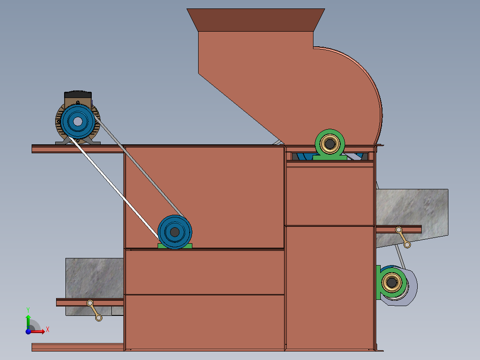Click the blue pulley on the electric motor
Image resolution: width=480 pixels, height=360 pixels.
[78, 121]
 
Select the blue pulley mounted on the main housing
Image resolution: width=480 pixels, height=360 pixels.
[175, 232]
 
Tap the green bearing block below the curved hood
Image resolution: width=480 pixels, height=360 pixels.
[330, 145]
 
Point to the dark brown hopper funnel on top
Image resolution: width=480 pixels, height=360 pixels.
[256, 20]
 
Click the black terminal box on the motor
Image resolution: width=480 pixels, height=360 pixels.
[78, 94]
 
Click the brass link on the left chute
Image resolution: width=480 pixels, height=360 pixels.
[94, 311]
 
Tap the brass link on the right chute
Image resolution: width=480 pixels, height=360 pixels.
[403, 237]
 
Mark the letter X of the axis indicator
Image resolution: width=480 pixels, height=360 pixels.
[48, 330]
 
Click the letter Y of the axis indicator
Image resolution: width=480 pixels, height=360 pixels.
[28, 310]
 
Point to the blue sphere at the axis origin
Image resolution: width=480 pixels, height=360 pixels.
[28, 331]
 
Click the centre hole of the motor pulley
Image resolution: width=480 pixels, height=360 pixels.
[78, 121]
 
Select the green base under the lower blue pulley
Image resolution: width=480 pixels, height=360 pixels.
[175, 246]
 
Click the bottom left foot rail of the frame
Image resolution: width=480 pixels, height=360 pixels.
[78, 347]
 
